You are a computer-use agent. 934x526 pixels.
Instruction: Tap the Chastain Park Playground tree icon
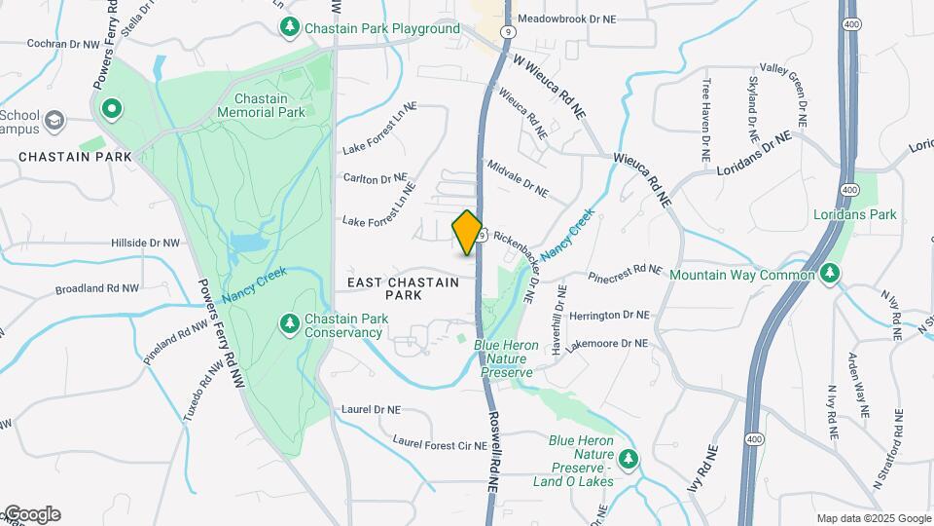pyautogui.click(x=288, y=28)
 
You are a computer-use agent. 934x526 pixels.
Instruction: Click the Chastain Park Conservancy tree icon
pyautogui.click(x=288, y=322)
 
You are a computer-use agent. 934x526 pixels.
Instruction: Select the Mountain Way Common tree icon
pyautogui.click(x=830, y=275)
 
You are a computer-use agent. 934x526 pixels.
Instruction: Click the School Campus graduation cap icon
pyautogui.click(x=54, y=119)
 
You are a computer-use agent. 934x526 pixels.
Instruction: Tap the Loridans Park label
pyautogui.click(x=855, y=214)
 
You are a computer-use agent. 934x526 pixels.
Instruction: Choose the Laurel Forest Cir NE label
pyautogui.click(x=439, y=443)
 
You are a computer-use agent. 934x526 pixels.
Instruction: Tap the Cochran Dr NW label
pyautogui.click(x=63, y=44)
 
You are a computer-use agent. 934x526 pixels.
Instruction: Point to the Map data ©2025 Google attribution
pyautogui.click(x=873, y=518)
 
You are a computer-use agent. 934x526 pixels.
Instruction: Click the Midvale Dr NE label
pyautogui.click(x=518, y=178)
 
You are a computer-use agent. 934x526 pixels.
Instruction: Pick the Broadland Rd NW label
pyautogui.click(x=97, y=289)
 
